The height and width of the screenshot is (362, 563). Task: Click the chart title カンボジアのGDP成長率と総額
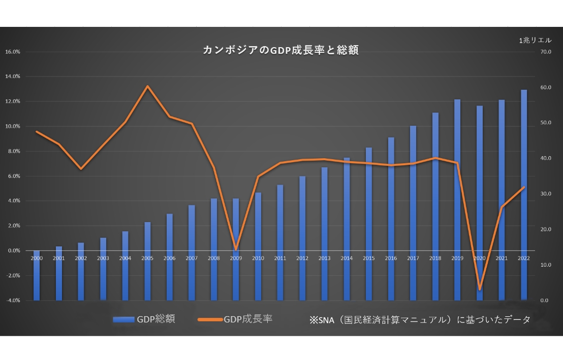tap(281, 50)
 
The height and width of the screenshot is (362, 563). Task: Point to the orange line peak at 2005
tap(147, 86)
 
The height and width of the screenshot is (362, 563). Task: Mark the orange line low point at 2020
tap(480, 289)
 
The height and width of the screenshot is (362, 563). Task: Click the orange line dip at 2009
tap(236, 249)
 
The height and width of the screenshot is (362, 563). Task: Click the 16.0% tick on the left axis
tap(12, 52)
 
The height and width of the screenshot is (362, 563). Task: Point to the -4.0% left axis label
tap(12, 300)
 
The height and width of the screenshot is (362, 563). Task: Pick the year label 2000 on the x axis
tap(37, 258)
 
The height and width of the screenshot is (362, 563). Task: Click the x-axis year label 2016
tap(391, 258)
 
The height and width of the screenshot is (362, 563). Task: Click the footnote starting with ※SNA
tap(419, 319)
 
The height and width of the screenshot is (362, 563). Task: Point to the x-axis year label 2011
tap(280, 258)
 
